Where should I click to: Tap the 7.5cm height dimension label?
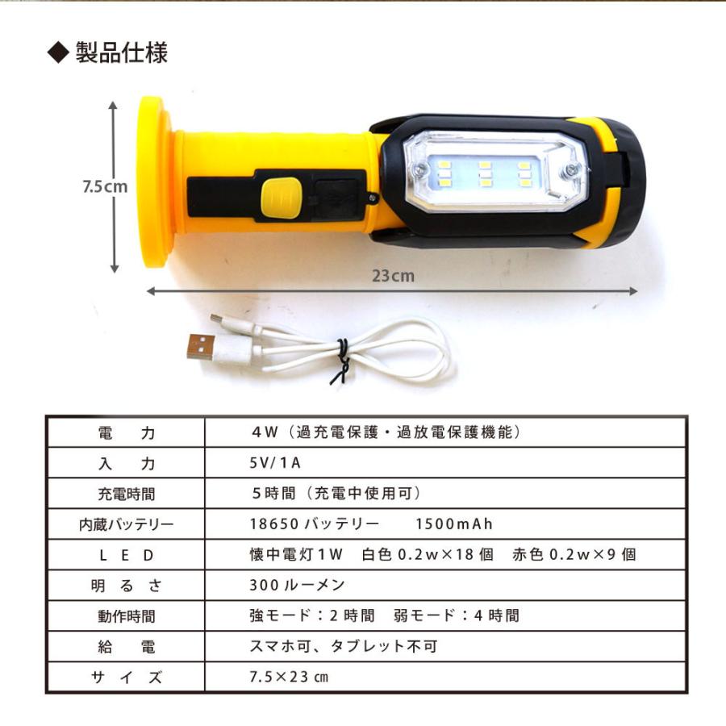[105, 186]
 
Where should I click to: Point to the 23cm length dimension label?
[393, 275]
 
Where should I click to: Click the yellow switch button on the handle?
[281, 196]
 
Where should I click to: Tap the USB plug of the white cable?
[201, 346]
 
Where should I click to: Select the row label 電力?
[125, 432]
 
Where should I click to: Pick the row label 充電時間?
[125, 494]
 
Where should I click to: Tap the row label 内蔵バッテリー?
[125, 524]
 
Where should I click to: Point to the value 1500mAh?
[453, 524]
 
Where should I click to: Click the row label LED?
[125, 555]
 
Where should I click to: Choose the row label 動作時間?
[125, 616]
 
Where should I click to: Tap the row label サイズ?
[125, 678]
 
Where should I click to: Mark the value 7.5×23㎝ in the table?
[289, 677]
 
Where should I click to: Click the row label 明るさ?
[125, 586]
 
